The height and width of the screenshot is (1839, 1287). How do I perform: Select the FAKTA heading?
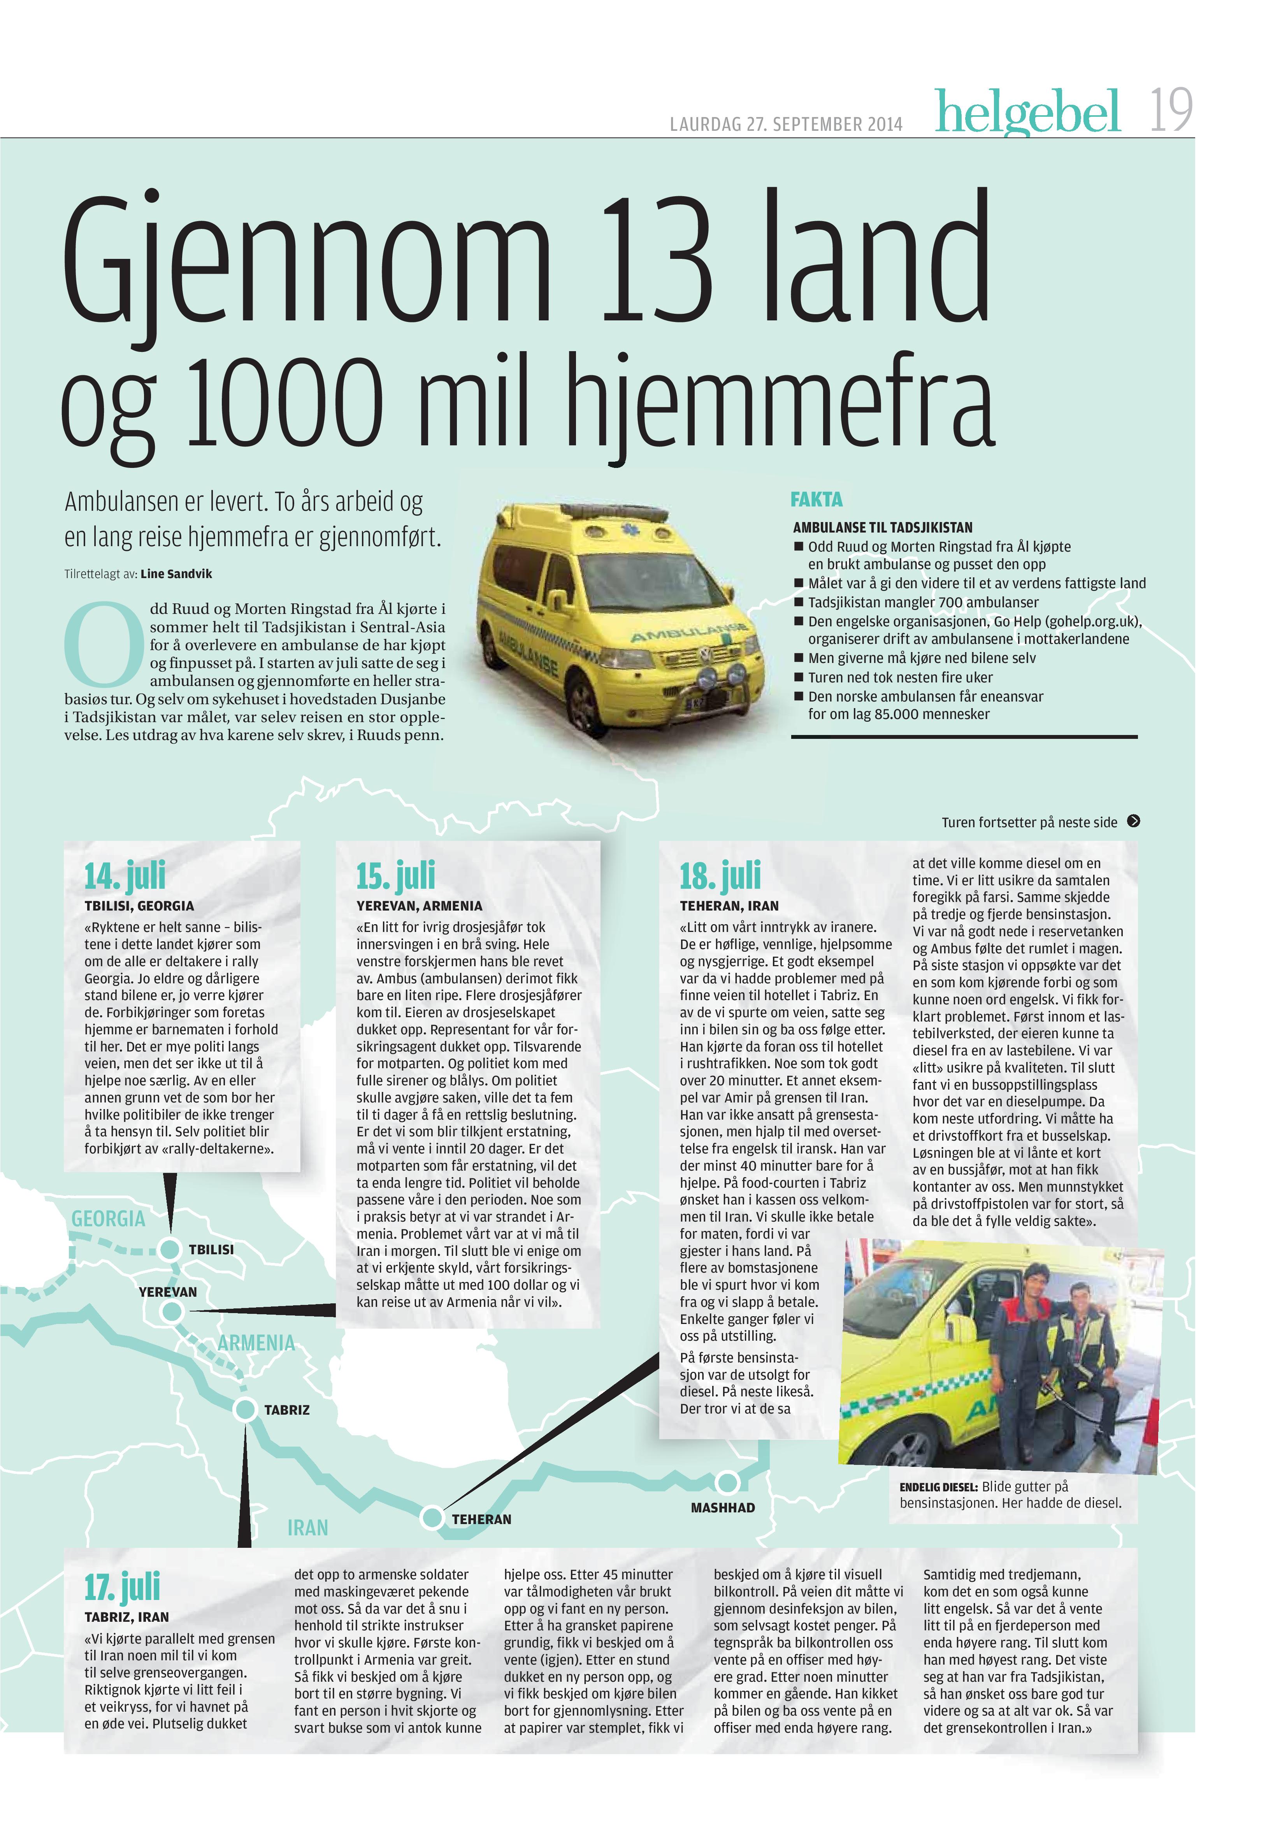click(x=816, y=500)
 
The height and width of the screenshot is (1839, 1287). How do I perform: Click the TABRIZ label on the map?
click(x=287, y=1410)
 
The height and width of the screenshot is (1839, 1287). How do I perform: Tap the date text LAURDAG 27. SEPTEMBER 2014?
click(x=786, y=124)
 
